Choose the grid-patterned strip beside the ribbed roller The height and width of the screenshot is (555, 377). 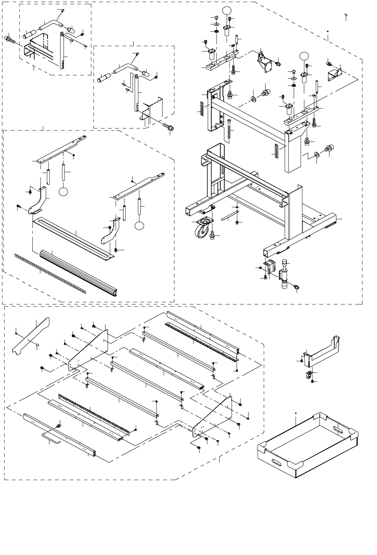[51, 273]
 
